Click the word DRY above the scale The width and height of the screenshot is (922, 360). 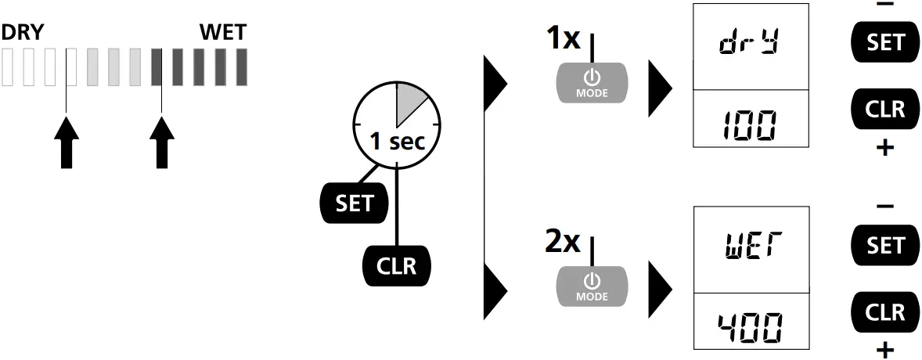tap(22, 33)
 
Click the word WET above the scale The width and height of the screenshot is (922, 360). tap(223, 33)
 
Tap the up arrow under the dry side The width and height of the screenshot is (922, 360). tap(67, 142)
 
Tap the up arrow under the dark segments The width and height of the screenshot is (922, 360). tap(161, 142)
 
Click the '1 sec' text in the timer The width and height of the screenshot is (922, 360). tap(398, 142)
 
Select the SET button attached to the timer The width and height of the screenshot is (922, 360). tap(354, 203)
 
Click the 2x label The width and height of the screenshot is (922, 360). tap(564, 242)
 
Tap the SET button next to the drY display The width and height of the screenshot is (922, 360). tap(885, 41)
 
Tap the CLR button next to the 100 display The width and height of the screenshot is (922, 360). tap(885, 109)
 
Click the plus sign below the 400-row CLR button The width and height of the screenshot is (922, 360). tap(885, 348)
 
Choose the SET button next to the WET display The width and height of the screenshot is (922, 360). tap(885, 246)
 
